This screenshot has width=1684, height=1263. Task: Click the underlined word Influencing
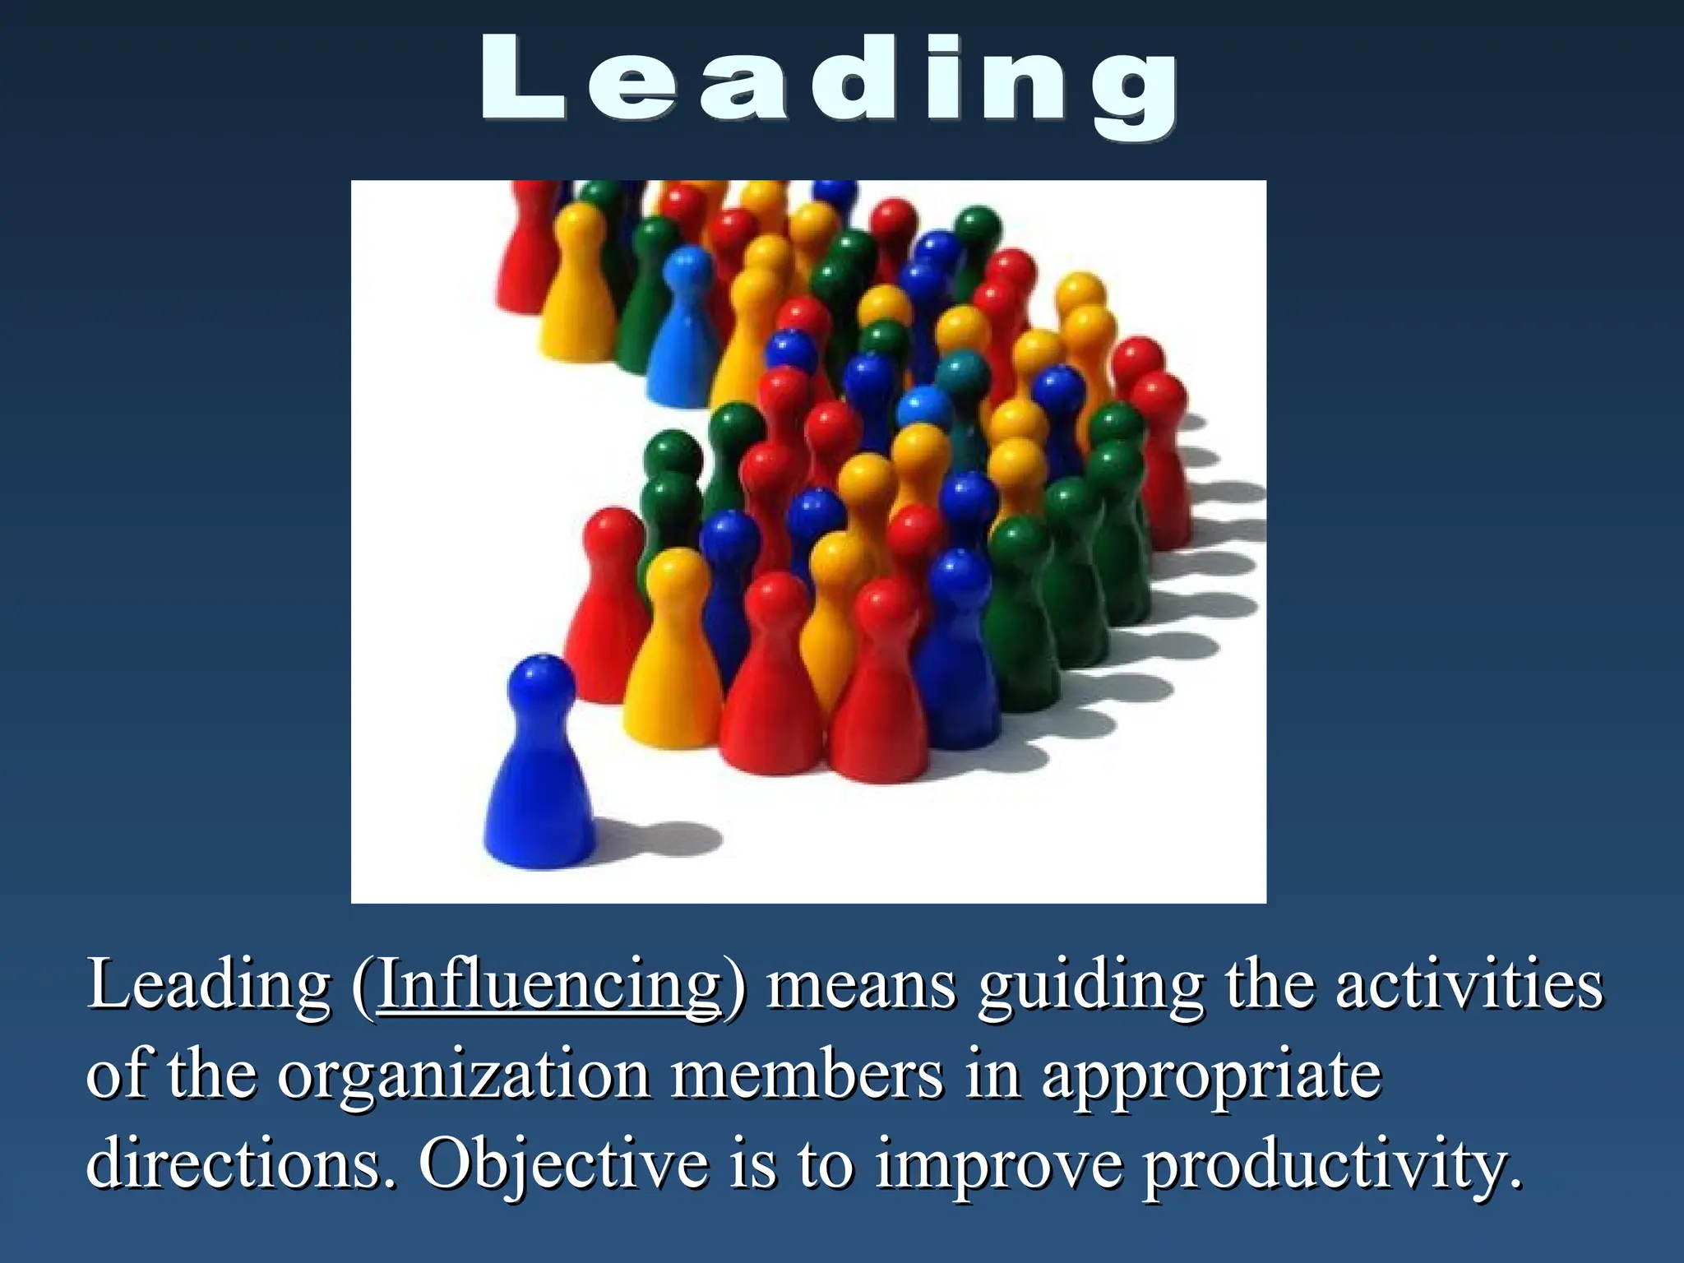pos(548,985)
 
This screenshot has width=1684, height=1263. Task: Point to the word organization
pos(463,1076)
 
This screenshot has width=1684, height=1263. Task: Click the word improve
pos(997,1166)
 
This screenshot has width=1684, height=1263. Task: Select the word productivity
pos(1332,1166)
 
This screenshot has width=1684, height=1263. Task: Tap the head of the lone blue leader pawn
pos(540,683)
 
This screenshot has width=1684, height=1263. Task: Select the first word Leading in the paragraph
pos(209,985)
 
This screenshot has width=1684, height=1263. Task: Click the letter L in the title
pos(521,80)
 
